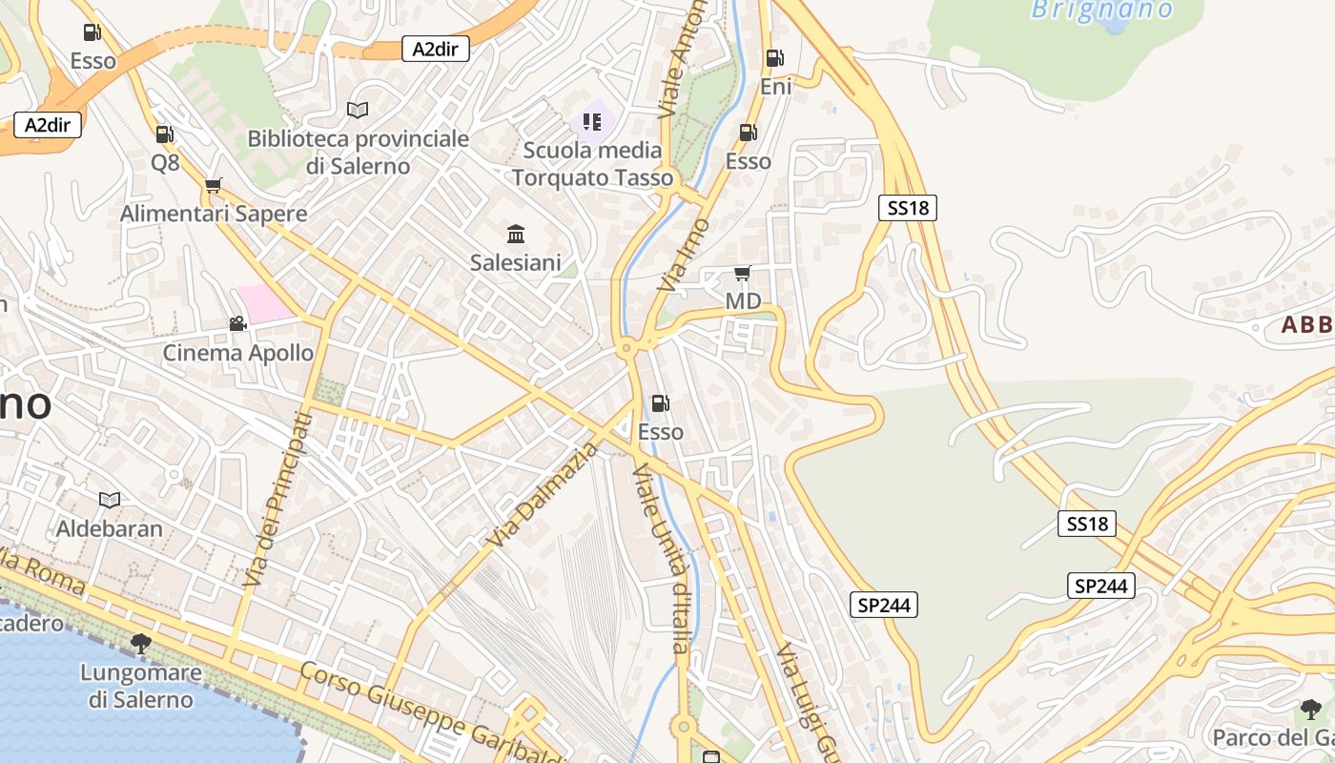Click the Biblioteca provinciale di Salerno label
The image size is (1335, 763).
(358, 152)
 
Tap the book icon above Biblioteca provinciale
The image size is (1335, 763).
(358, 111)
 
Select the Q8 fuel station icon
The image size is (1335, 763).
(165, 134)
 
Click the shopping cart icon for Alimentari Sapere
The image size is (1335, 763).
(213, 185)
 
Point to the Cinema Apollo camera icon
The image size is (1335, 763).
(237, 324)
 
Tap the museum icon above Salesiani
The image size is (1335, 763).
(516, 234)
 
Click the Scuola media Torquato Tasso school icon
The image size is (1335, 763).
(592, 122)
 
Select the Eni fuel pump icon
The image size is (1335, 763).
(775, 58)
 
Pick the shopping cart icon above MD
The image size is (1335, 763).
(743, 274)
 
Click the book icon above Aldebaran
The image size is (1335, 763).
(110, 500)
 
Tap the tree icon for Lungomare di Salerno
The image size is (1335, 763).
(141, 644)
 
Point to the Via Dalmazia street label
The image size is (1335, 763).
(541, 495)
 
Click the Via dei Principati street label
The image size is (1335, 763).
(277, 499)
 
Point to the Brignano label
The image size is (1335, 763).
(1101, 10)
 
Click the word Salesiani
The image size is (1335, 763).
(516, 262)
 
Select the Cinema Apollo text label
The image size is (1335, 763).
(238, 353)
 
